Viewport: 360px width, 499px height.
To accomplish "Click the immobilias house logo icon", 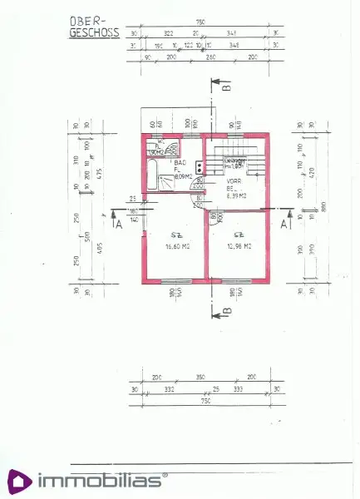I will tap(20, 481).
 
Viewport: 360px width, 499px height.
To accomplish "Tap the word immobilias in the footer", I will tap(101, 482).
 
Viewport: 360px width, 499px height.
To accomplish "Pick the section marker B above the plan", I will tap(226, 84).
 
